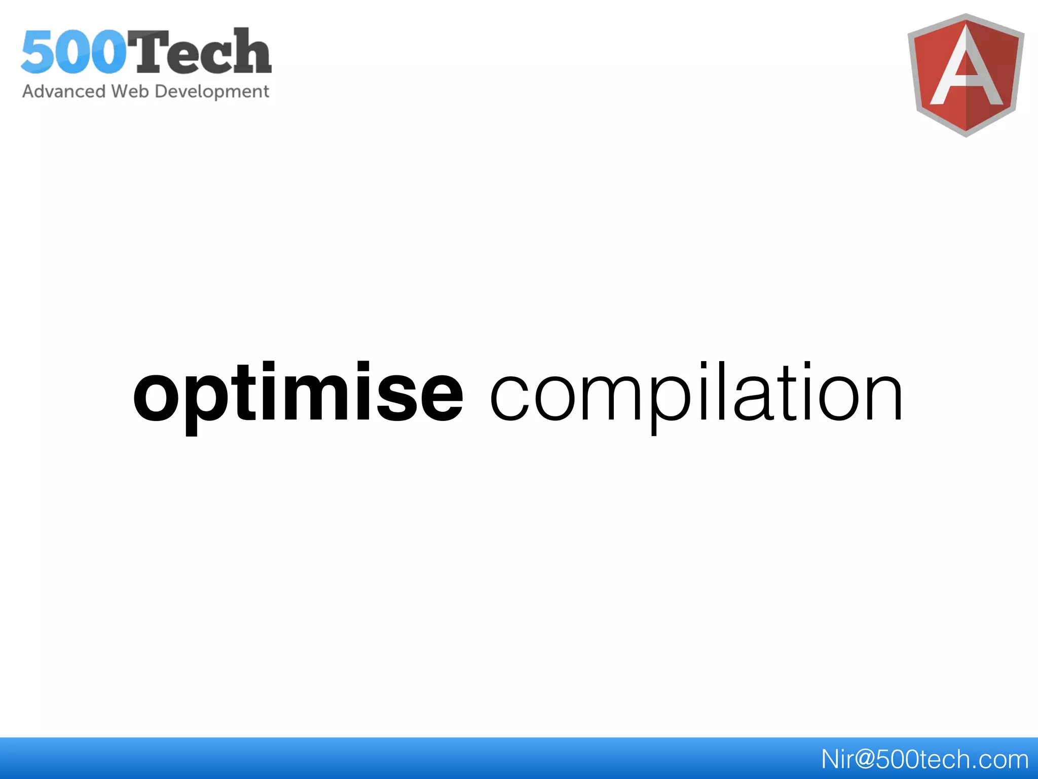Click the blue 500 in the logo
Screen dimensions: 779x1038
point(74,52)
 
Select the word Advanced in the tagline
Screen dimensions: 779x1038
point(64,91)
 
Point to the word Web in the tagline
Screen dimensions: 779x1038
point(130,91)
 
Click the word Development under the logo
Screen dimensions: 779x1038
point(212,92)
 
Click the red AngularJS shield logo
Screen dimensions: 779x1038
point(966,75)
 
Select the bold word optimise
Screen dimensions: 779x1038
point(298,393)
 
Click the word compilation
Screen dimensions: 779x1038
point(696,393)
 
